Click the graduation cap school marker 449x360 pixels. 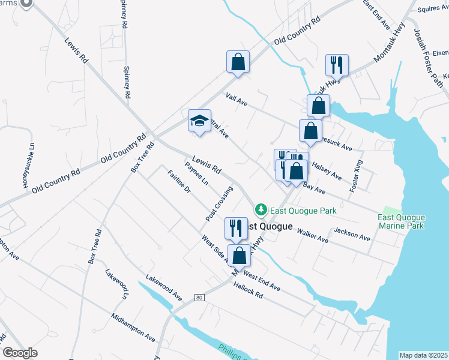pyautogui.click(x=199, y=121)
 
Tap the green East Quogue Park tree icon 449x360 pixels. pyautogui.click(x=261, y=210)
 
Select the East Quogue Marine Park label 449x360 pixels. pyautogui.click(x=402, y=221)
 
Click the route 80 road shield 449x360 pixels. pyautogui.click(x=199, y=297)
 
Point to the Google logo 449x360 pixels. pyautogui.click(x=20, y=353)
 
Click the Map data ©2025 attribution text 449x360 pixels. pyautogui.click(x=423, y=355)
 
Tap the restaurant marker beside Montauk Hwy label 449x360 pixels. pyautogui.click(x=334, y=65)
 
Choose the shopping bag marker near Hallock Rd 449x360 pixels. pyautogui.click(x=239, y=255)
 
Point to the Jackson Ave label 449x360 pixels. pyautogui.click(x=352, y=234)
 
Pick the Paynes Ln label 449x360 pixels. pyautogui.click(x=196, y=173)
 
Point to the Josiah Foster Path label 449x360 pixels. pyautogui.click(x=427, y=58)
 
